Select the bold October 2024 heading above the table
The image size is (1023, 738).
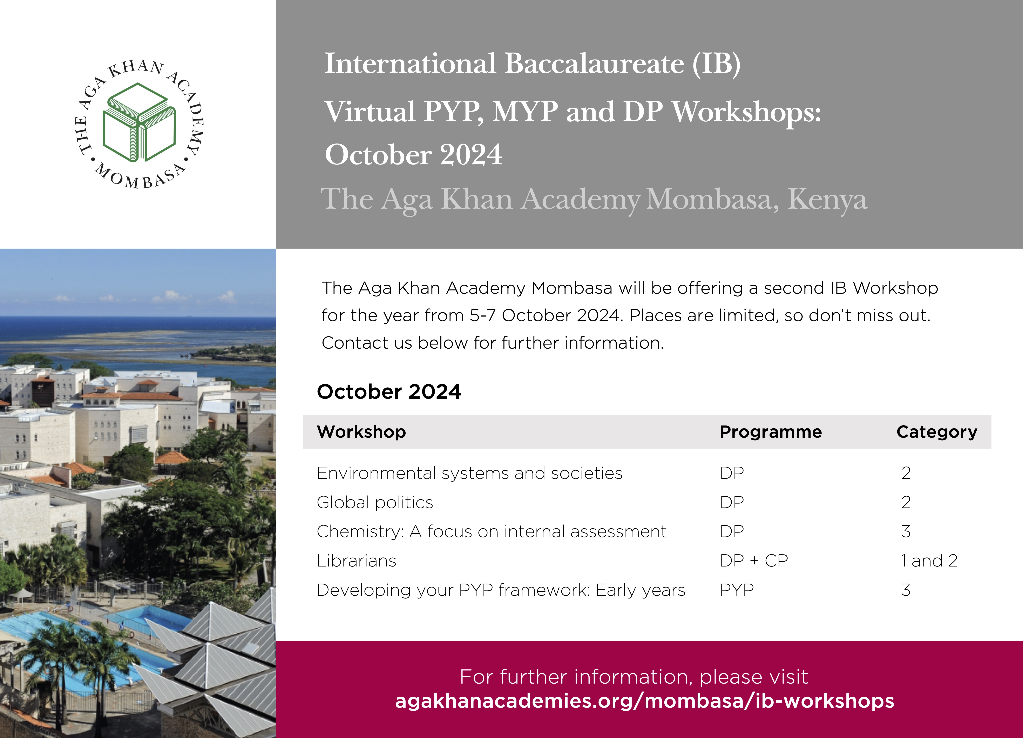point(389,391)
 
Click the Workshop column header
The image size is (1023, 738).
point(361,432)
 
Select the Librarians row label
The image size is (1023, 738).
point(356,561)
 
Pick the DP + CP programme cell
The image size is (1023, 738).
point(754,561)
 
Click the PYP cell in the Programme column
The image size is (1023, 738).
point(737,590)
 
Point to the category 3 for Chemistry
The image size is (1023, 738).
point(906,531)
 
